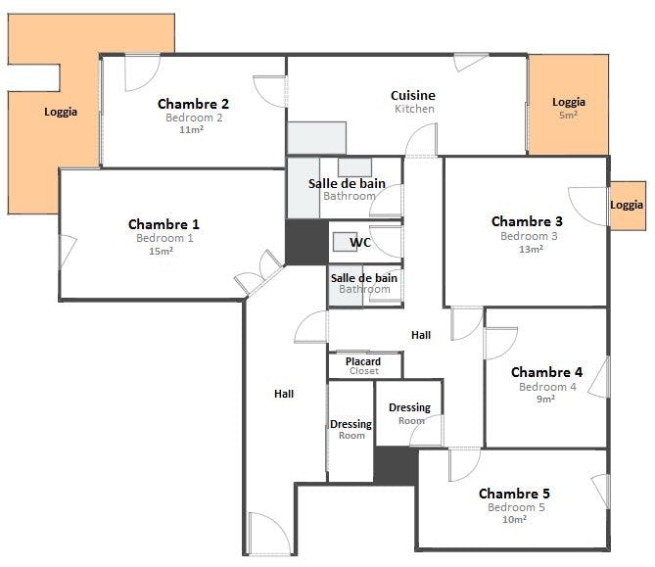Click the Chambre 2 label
[193, 104]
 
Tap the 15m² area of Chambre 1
[161, 251]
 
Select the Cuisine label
[413, 95]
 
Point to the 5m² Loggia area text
[568, 115]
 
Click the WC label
[360, 242]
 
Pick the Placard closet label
[363, 361]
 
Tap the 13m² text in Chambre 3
[531, 249]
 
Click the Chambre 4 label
[546, 372]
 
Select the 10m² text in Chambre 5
[514, 519]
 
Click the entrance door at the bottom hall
[269, 534]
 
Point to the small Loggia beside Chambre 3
[628, 205]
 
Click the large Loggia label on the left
[61, 112]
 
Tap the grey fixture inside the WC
[345, 242]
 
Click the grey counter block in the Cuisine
[316, 138]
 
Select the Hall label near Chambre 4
[421, 335]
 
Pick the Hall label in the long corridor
[284, 394]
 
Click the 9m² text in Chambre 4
[545, 399]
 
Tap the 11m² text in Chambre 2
[191, 129]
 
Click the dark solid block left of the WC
[306, 242]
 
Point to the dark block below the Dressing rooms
[396, 465]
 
